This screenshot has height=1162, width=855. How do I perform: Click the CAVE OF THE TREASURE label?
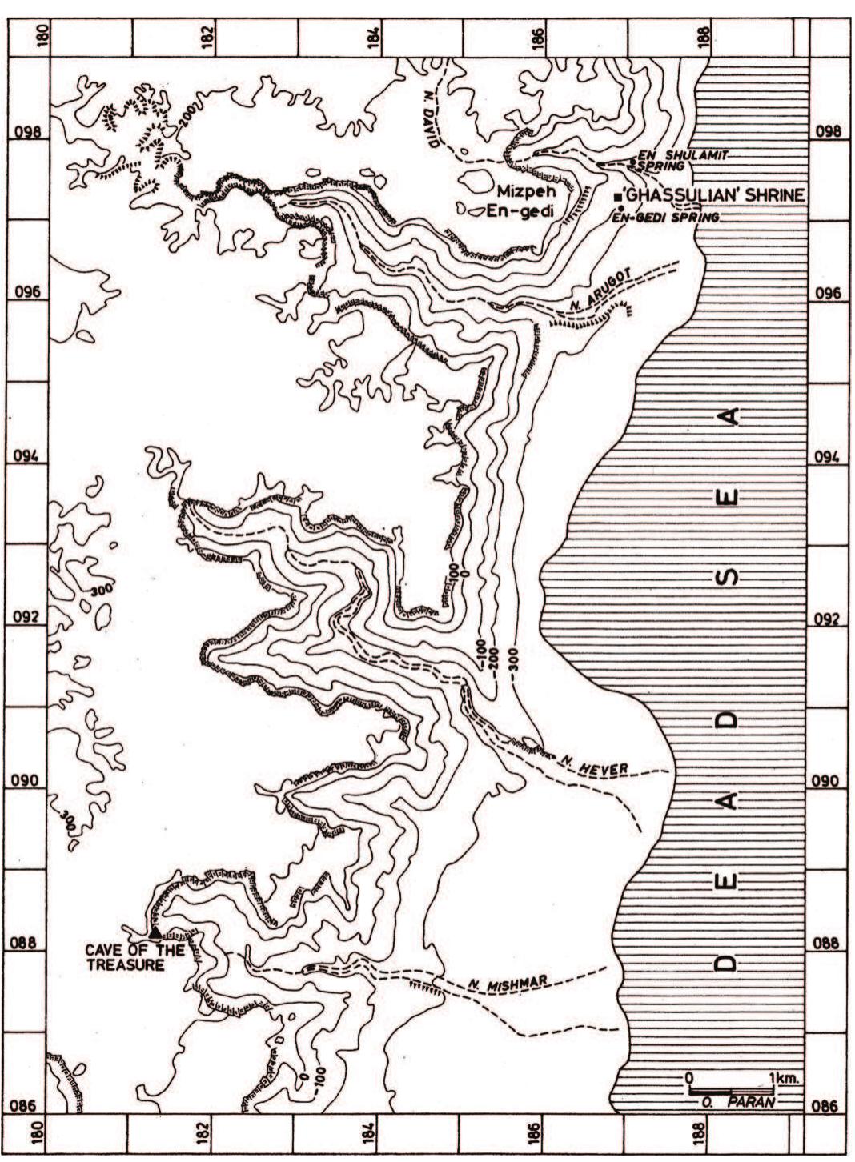pyautogui.click(x=134, y=957)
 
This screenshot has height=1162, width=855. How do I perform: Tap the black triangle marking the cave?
pyautogui.click(x=154, y=932)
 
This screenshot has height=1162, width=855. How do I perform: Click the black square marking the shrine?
pyautogui.click(x=617, y=197)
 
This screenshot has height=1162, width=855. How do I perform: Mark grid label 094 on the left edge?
pyautogui.click(x=29, y=457)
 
